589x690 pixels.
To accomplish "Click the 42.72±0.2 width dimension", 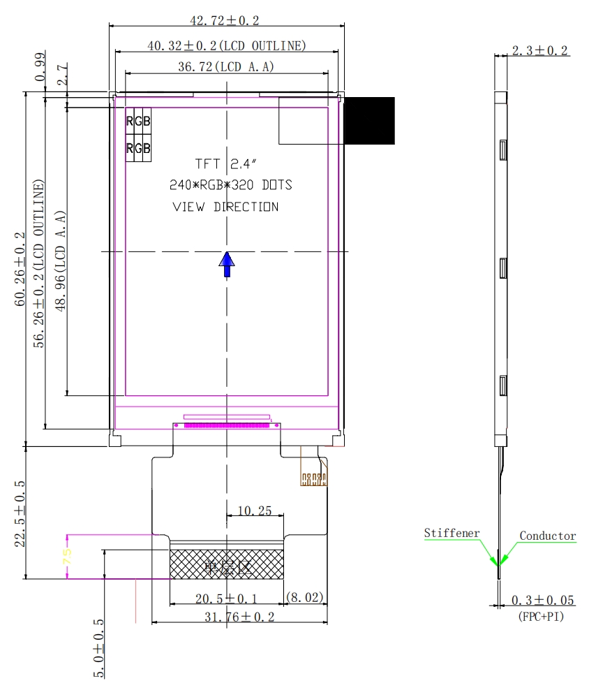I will click(227, 20).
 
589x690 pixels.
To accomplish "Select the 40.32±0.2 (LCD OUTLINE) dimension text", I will click(227, 46).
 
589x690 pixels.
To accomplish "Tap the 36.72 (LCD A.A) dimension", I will click(226, 67).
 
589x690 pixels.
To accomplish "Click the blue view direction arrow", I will click(227, 265).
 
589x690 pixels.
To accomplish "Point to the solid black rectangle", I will click(369, 120).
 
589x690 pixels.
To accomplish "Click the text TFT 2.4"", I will click(227, 164).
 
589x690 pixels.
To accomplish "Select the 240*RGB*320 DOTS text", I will click(231, 186).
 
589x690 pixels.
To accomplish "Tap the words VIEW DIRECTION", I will click(225, 207).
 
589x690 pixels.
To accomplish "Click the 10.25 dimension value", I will click(255, 511).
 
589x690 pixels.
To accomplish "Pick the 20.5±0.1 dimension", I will click(226, 599).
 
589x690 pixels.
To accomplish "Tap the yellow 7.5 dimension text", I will click(68, 557).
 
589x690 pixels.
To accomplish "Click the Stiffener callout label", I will click(452, 534).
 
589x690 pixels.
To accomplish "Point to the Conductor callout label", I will click(548, 536).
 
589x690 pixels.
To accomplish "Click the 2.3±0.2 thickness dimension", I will click(540, 50).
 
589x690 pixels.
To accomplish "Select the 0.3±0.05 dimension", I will click(544, 601).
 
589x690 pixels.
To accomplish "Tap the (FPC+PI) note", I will click(542, 617).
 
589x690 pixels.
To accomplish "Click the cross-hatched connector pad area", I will click(227, 564).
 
